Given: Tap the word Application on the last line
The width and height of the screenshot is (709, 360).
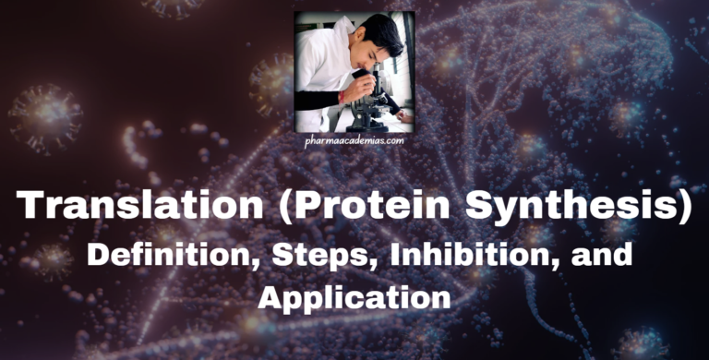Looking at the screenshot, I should (354, 297).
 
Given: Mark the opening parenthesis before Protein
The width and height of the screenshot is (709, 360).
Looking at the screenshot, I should (261, 205).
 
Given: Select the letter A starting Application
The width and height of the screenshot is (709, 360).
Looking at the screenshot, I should (273, 296).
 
